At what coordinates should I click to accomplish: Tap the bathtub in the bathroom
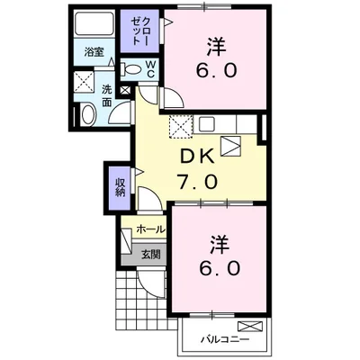point(94,24)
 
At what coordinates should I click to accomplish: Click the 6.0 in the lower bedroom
point(217,267)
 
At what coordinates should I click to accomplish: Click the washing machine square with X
point(85,82)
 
